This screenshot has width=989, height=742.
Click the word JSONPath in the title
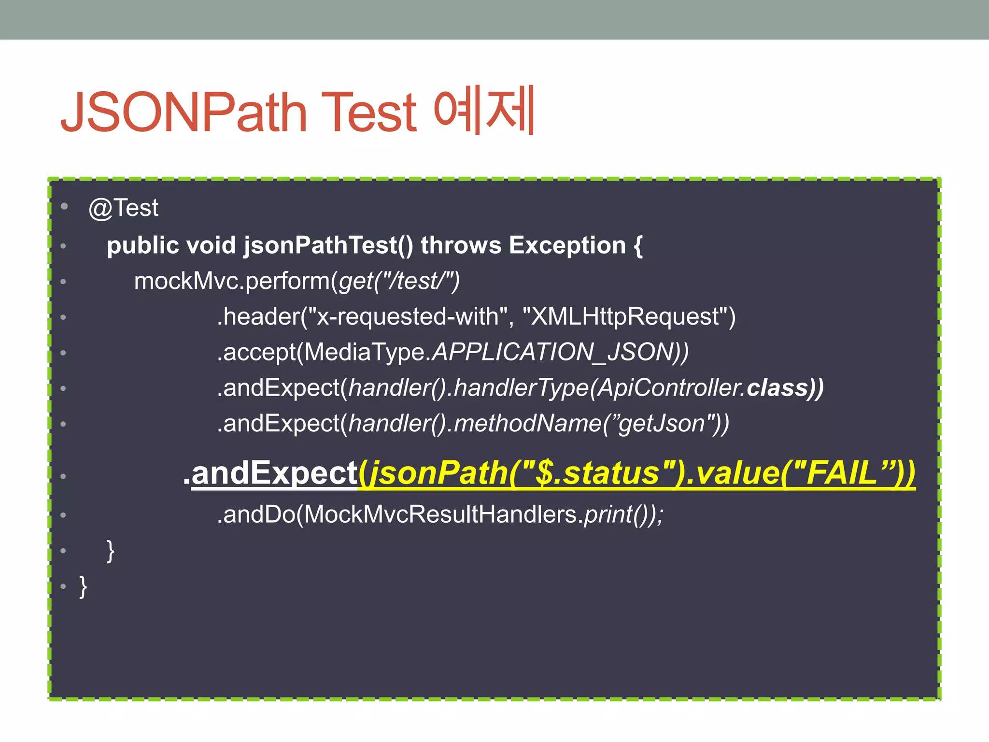pos(184,112)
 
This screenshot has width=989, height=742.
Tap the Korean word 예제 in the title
pos(484,110)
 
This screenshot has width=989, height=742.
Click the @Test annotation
pos(124,208)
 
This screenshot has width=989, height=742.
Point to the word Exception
pos(567,245)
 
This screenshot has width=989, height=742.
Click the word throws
pos(461,245)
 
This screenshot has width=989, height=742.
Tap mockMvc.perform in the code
pos(232,281)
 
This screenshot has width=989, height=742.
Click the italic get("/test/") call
pos(399,281)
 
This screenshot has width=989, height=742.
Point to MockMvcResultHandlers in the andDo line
pos(440,514)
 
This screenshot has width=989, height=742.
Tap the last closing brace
pos(83,586)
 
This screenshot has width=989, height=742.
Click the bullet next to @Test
pos(64,207)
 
